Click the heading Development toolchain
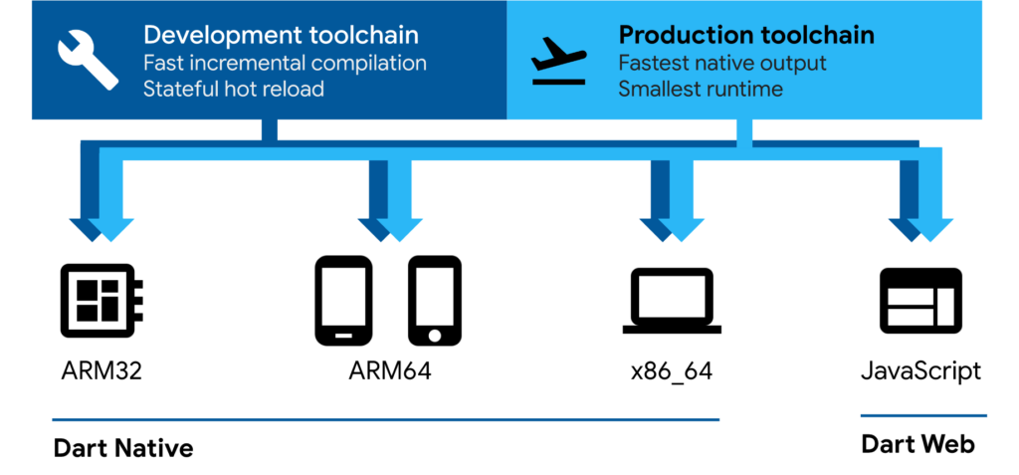click(x=281, y=36)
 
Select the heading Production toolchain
click(x=746, y=36)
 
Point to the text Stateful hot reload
click(x=234, y=89)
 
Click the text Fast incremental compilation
click(x=285, y=63)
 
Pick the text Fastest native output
click(x=722, y=63)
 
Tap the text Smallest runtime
click(x=701, y=89)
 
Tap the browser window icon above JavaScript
click(x=920, y=299)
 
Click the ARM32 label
click(x=101, y=372)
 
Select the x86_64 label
click(x=672, y=372)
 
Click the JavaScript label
click(x=920, y=372)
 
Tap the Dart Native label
click(x=122, y=448)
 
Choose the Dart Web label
click(x=917, y=444)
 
